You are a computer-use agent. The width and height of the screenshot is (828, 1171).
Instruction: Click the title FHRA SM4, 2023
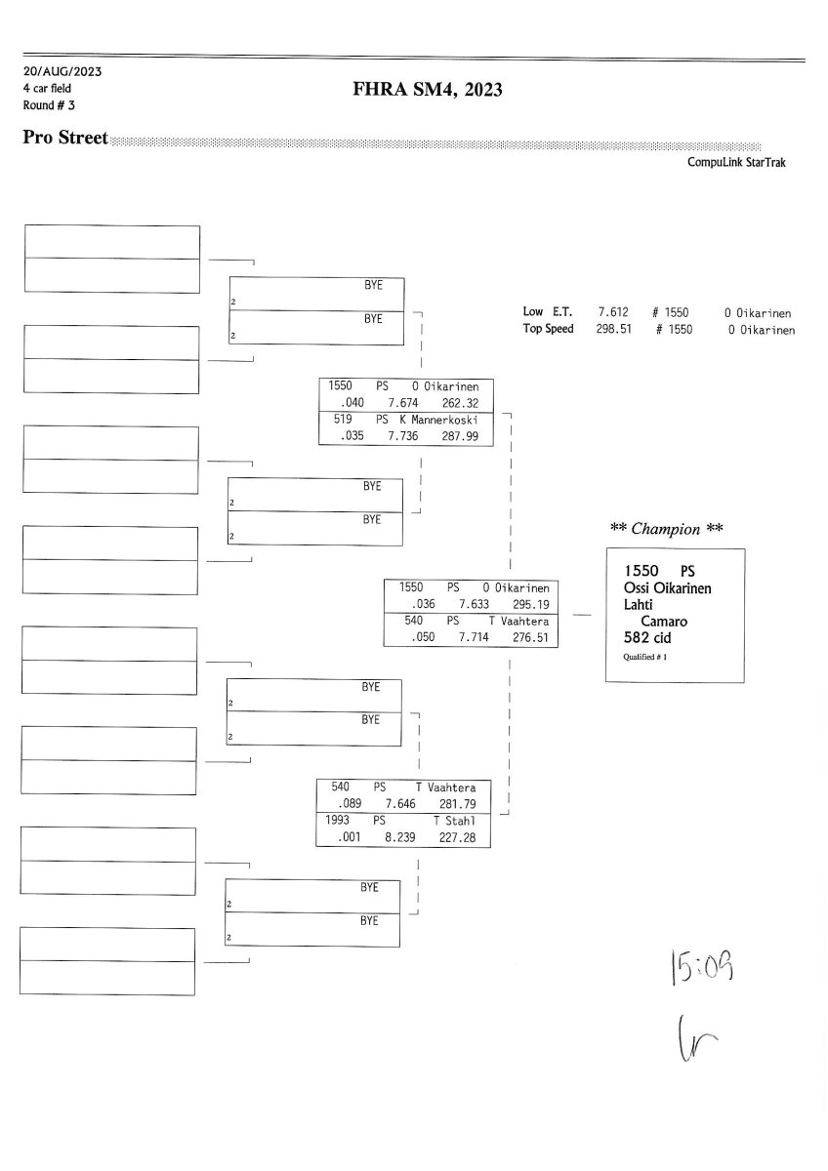[428, 91]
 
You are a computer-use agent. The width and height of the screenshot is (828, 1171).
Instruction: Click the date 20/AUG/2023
[62, 72]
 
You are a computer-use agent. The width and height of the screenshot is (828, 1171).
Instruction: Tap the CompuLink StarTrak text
[736, 163]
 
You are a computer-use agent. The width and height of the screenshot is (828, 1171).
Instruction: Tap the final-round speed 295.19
[528, 604]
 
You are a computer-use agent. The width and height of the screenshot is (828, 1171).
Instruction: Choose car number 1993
[339, 821]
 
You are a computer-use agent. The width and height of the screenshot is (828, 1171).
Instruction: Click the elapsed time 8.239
[401, 837]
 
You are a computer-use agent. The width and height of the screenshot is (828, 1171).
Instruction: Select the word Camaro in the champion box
[664, 620]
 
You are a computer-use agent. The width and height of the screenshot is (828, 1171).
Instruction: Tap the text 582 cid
[647, 637]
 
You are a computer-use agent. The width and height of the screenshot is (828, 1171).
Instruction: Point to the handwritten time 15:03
[701, 969]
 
